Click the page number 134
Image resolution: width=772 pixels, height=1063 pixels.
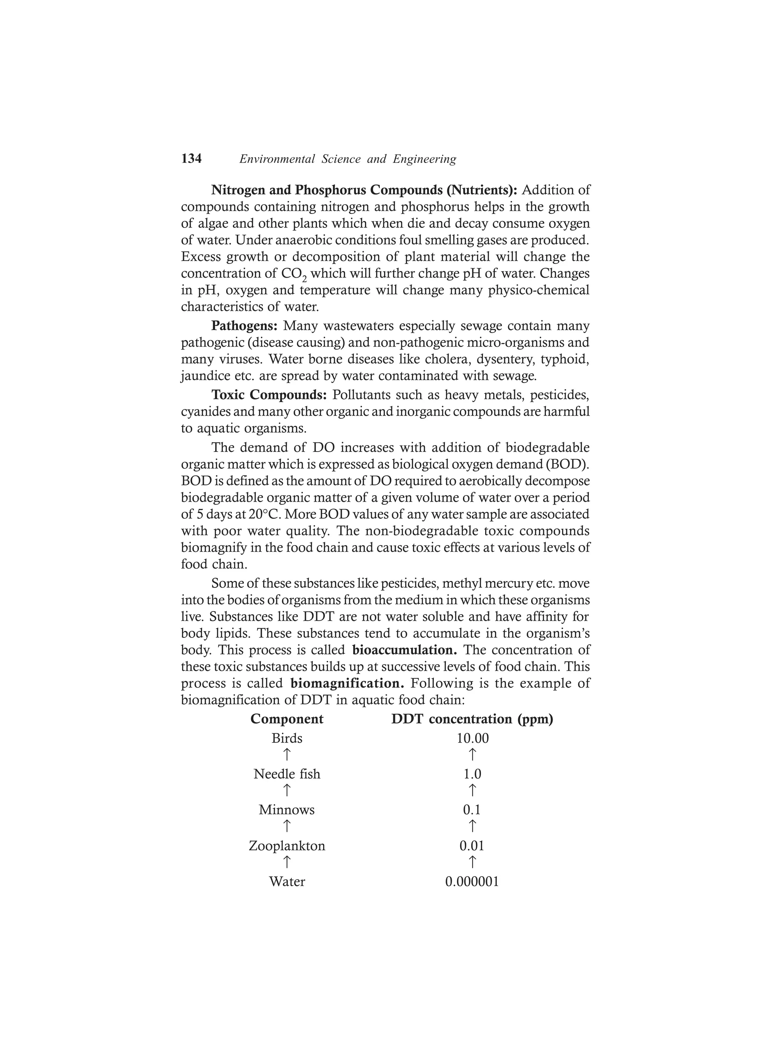coord(191,159)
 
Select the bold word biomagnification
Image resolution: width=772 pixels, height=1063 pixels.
coord(347,684)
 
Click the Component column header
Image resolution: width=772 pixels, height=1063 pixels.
coord(287,719)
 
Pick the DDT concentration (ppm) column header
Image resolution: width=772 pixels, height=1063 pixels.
coord(472,719)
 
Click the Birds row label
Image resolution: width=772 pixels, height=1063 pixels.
coord(287,739)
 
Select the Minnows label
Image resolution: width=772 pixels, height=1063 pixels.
coord(287,810)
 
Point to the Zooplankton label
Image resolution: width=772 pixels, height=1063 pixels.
coord(287,846)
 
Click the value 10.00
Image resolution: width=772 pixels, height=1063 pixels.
coord(472,739)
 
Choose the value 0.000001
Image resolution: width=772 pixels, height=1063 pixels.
coord(472,882)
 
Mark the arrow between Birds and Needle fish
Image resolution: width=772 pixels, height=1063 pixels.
coord(287,755)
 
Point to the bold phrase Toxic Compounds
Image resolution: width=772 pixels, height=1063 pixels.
coord(269,395)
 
